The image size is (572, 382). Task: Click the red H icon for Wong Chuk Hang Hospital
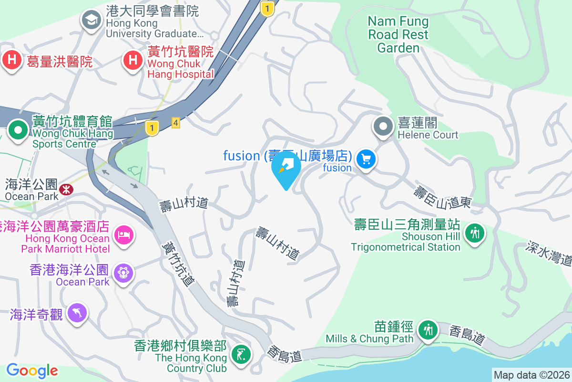(x=133, y=61)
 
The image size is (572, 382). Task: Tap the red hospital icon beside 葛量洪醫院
(x=12, y=61)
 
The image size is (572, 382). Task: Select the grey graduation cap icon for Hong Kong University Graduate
(x=90, y=20)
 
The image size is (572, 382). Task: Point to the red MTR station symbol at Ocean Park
(x=66, y=190)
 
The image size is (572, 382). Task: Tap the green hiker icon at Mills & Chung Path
(x=428, y=329)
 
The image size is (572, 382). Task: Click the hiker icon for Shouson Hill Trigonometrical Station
(x=475, y=233)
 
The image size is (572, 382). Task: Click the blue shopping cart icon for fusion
(x=366, y=159)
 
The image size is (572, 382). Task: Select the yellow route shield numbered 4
(x=176, y=123)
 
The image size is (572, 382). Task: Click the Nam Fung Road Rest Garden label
(x=398, y=34)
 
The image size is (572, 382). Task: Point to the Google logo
(x=32, y=371)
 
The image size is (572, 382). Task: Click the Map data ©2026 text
(x=531, y=375)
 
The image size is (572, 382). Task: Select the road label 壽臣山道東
(x=442, y=197)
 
